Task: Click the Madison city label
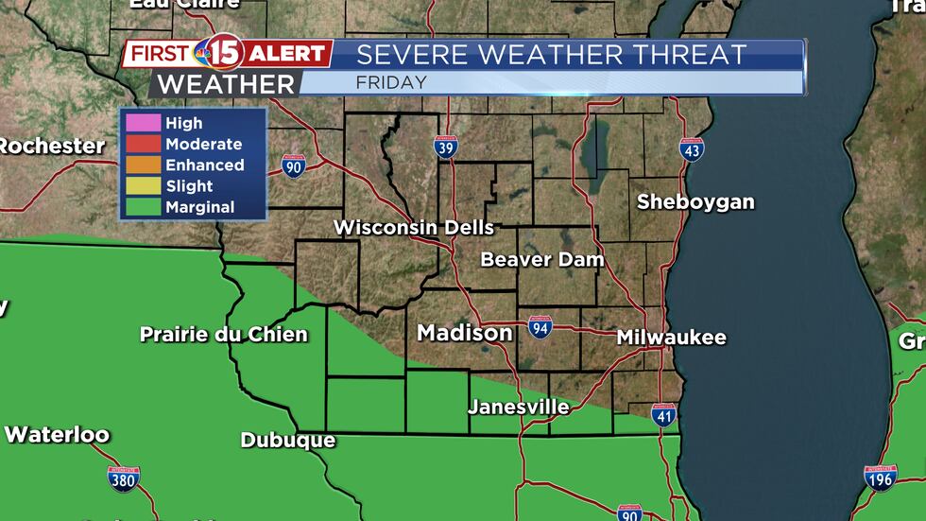(465, 333)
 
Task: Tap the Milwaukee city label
(671, 338)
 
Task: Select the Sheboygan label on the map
(695, 201)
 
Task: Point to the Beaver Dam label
(541, 259)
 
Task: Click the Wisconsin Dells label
(414, 228)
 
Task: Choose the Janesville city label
(519, 407)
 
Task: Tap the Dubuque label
(287, 440)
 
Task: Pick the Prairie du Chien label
(224, 334)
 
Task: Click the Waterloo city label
(57, 435)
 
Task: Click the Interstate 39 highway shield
(447, 148)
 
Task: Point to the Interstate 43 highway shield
(693, 149)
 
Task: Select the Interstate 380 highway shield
(124, 478)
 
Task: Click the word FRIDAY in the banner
(391, 82)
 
